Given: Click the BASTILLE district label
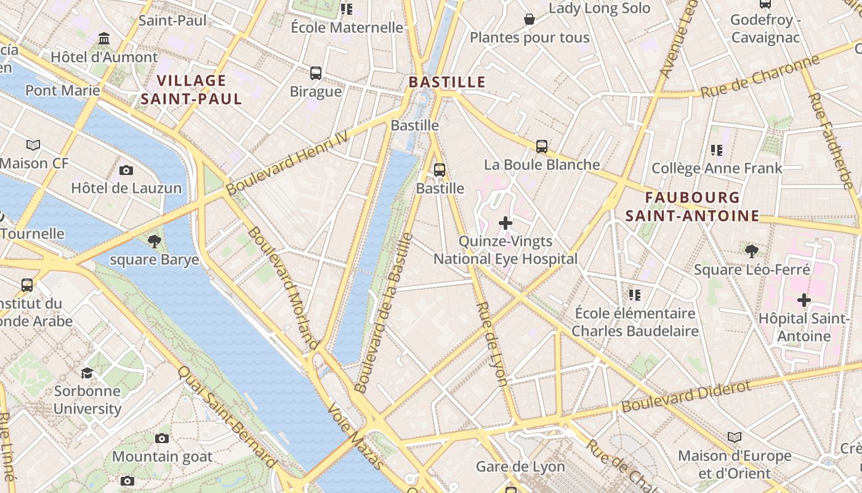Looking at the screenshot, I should point(447,82).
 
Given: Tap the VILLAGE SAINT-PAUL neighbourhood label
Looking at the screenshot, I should point(191,89).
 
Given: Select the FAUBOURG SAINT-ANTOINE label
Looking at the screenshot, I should point(692,206).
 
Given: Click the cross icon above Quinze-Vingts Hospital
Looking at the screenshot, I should point(506,223).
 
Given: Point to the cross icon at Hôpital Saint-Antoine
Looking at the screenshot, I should point(804,300).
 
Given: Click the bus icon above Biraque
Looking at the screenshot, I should point(316,73).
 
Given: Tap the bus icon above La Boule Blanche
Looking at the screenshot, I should point(542,147).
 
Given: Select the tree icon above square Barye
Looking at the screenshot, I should point(155,241).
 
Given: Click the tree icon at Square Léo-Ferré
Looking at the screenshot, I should point(751,251).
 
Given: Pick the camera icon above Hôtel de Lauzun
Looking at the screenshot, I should point(126,170).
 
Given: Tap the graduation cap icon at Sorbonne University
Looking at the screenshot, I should point(87,373).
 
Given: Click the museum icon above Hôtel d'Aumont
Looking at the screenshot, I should point(104,39).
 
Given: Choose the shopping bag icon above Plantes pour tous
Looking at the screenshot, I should point(529,20).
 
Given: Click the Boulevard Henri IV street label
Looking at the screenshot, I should point(287,163).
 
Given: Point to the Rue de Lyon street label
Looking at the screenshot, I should point(493,343).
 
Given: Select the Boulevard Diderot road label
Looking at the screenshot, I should point(687,397).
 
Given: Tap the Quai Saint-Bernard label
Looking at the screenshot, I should point(227,417).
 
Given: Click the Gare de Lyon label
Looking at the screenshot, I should point(520,467).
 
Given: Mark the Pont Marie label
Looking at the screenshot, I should point(62,91).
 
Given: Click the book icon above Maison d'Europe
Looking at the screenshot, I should point(734,438).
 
